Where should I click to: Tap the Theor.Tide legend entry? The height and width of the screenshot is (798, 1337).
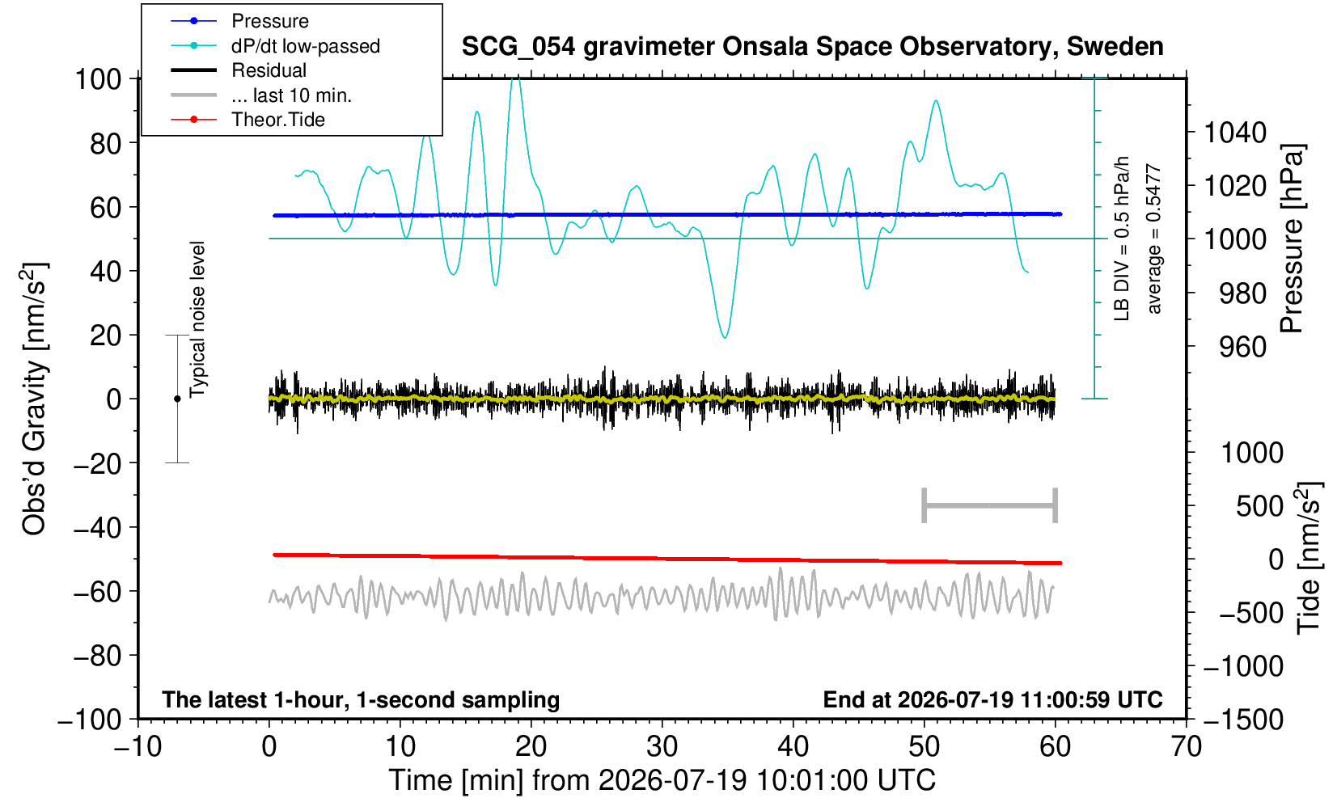[x=248, y=120]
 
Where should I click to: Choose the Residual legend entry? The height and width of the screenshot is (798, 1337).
[x=239, y=70]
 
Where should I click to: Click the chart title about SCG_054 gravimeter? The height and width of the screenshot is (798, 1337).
[x=812, y=47]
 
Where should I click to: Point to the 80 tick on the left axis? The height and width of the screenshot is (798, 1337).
[x=106, y=144]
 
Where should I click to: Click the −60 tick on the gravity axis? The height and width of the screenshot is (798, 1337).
[x=97, y=592]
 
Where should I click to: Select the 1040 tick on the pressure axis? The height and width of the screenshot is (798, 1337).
[x=1235, y=133]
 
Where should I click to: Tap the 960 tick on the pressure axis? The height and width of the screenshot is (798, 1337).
[x=1242, y=347]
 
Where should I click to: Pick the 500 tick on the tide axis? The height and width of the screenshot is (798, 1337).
[x=1259, y=507]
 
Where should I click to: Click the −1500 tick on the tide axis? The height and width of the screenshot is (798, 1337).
[x=1243, y=720]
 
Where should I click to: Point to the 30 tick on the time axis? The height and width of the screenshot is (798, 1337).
[x=662, y=747]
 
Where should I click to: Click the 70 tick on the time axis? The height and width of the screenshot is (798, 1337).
[x=1186, y=747]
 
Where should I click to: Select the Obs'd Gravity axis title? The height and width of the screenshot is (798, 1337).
[x=34, y=399]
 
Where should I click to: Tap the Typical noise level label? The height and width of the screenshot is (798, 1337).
[x=197, y=319]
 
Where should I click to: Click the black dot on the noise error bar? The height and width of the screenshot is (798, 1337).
[x=177, y=399]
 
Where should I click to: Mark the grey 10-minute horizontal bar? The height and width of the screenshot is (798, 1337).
[x=990, y=505]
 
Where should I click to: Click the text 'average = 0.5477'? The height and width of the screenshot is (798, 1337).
[x=1154, y=239]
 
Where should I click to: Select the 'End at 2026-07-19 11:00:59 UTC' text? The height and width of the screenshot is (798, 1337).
[x=992, y=699]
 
